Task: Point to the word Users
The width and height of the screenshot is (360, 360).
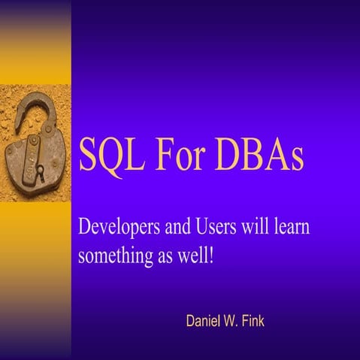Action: coord(218,225)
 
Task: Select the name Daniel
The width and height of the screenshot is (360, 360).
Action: coord(204,322)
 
